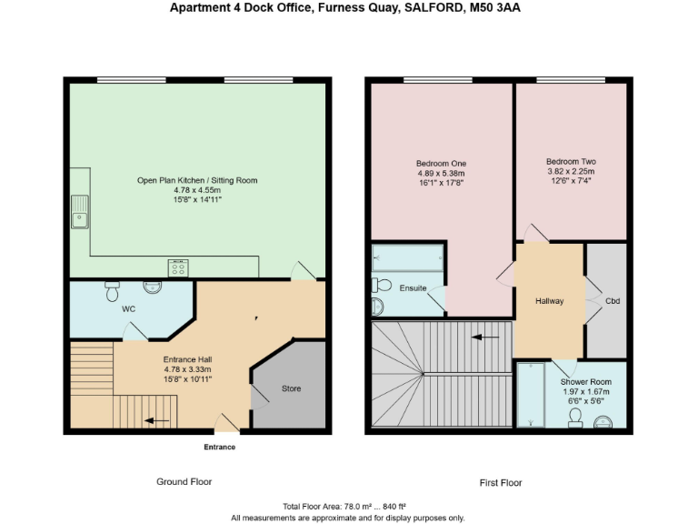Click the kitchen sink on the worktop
[80, 212]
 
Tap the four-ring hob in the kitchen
[178, 267]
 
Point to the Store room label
[290, 388]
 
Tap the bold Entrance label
[219, 447]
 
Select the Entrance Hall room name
[187, 358]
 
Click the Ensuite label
[414, 288]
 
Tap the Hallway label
[549, 300]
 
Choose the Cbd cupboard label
[612, 300]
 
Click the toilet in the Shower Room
[574, 418]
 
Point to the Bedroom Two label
[571, 161]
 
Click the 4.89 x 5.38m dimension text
[441, 173]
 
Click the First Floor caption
[501, 482]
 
